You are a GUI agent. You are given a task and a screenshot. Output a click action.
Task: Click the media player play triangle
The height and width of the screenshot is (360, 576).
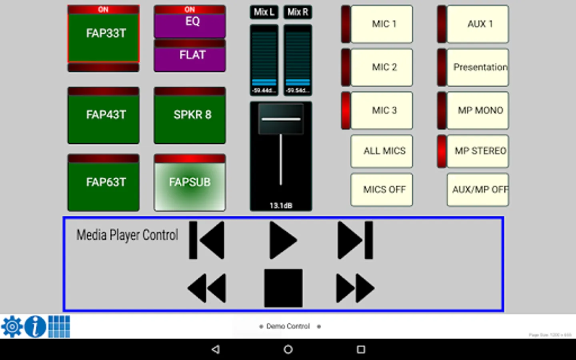click(x=282, y=240)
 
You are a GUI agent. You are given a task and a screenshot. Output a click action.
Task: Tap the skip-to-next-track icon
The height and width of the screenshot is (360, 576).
click(x=355, y=240)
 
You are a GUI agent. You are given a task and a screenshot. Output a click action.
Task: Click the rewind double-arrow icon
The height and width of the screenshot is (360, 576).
click(x=207, y=288)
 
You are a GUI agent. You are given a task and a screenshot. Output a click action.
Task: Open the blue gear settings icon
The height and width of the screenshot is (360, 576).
click(x=12, y=327)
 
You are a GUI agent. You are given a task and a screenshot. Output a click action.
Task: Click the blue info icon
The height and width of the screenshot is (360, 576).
click(x=35, y=327)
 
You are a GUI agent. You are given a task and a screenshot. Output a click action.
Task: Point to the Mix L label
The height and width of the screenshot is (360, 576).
click(x=264, y=12)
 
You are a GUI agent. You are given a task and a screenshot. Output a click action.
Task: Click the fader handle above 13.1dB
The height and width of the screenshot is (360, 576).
click(x=281, y=119)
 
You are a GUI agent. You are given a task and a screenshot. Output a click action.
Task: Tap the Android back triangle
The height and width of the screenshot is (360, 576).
click(x=216, y=350)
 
